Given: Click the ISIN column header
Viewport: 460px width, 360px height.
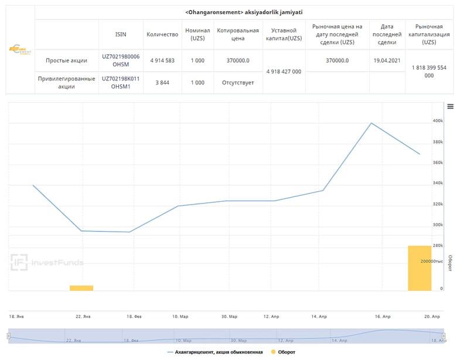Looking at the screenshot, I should click(121, 34).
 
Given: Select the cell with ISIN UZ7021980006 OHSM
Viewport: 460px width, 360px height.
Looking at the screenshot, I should click(121, 60).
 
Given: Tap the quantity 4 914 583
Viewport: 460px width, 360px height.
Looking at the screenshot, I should click(162, 60).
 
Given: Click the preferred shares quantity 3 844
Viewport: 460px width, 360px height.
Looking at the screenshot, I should click(162, 82).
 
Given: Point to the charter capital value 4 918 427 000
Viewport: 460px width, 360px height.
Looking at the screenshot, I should click(284, 71).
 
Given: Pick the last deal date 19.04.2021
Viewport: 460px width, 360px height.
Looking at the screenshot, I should click(387, 60).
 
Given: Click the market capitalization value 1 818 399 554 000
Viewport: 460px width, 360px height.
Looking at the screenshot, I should click(429, 71).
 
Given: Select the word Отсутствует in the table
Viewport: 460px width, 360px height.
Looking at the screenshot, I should click(237, 82).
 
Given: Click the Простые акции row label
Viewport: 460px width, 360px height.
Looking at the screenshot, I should click(66, 60).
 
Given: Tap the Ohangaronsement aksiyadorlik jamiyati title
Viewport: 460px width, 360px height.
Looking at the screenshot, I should click(243, 12).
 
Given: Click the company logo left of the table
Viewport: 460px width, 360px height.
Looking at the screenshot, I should click(21, 50).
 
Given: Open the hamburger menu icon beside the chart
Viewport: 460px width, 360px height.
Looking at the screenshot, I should click(450, 106).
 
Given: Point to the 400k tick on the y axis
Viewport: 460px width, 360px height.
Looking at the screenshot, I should click(437, 121).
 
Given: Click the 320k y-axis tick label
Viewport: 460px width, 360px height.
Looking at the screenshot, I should click(437, 204).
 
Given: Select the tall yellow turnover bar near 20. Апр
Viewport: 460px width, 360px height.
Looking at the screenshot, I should click(420, 268).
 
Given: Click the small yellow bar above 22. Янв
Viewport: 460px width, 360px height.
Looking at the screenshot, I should click(81, 288).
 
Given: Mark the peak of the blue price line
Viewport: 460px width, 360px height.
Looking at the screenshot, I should click(371, 123).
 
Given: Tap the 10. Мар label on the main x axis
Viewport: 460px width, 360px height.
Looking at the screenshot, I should click(180, 316).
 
